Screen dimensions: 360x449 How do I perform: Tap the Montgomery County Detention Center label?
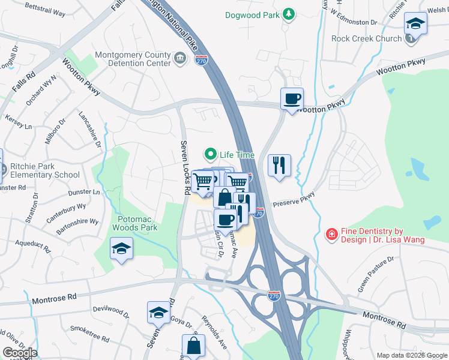(x=132, y=59)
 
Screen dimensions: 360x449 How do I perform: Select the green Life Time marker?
(x=211, y=155)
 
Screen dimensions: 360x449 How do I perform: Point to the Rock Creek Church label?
(x=367, y=39)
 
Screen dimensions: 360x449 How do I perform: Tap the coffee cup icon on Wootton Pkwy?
(x=292, y=99)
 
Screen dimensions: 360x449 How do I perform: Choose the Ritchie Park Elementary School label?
(x=44, y=171)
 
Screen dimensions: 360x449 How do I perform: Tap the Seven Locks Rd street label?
(x=186, y=168)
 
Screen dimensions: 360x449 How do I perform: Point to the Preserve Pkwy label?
(x=294, y=200)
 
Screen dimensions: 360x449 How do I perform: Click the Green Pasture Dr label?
(x=376, y=274)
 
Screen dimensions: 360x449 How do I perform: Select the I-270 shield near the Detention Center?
(x=202, y=60)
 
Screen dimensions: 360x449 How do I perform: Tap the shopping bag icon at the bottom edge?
(x=194, y=346)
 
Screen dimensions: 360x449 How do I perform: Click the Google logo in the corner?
(x=19, y=353)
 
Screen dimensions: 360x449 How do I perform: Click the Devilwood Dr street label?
(x=111, y=311)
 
